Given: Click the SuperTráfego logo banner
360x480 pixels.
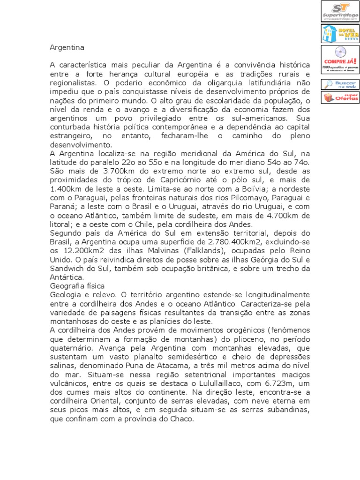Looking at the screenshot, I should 340,11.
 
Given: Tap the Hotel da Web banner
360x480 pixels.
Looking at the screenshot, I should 340,33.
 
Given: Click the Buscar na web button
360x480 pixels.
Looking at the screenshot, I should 340,84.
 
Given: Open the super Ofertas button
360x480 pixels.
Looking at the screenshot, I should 340,97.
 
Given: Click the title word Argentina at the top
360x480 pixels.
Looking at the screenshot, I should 67,47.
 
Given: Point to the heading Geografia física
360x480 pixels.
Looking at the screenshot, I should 77,285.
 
